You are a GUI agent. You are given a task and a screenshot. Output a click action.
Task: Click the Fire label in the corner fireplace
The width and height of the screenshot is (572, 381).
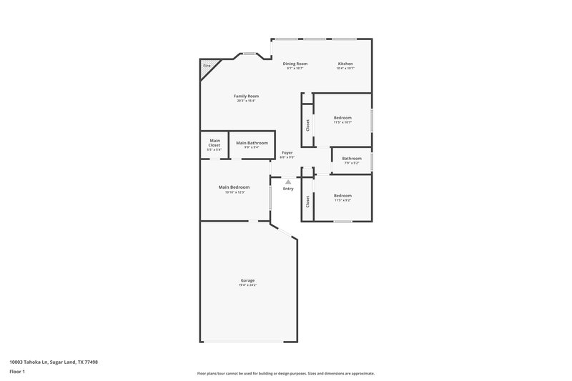207,66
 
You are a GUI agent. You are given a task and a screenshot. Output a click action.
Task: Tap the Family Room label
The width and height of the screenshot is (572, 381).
246,96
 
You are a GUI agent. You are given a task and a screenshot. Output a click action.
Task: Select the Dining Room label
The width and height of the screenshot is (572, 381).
295,64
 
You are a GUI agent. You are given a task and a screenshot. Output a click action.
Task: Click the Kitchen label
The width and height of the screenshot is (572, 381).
345,64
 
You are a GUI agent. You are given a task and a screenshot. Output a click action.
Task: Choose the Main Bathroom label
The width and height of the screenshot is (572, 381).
252,143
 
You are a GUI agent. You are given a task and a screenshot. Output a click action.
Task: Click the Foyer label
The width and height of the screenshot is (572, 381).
287,152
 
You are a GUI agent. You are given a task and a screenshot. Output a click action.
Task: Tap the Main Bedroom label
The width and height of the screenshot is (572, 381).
234,187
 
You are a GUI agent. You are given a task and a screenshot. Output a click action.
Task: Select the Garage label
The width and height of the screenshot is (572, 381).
248,280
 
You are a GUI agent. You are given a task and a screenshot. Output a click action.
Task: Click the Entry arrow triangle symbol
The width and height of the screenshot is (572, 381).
288,182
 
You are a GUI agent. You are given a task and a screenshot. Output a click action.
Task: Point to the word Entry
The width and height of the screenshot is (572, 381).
288,189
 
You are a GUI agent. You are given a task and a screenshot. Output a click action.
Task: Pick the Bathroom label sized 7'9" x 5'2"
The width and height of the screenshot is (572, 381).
352,158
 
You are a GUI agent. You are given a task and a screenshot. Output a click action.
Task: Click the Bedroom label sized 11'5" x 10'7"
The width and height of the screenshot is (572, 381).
342,117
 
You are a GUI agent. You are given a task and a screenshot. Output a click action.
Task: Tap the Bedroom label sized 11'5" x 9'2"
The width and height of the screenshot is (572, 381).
342,195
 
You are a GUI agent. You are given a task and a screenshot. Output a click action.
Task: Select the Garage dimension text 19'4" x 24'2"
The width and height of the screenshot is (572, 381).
248,285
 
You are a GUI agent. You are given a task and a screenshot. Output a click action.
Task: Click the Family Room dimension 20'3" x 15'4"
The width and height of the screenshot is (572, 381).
246,101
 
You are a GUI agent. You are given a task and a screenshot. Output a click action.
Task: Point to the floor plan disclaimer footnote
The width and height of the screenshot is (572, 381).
286,373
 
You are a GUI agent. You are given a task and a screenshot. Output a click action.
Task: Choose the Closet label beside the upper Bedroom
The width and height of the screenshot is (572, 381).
307,124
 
